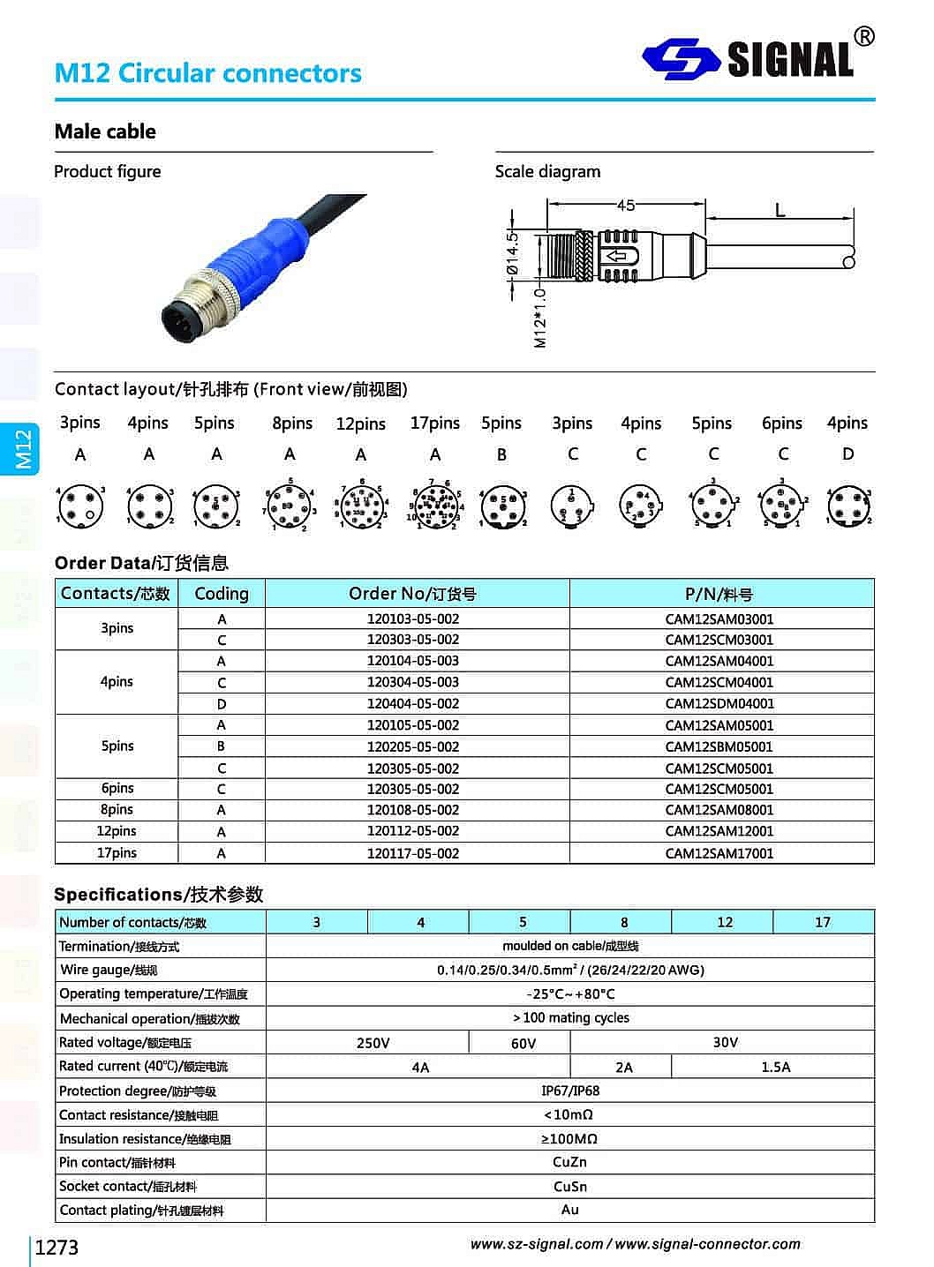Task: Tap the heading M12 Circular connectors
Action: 207,72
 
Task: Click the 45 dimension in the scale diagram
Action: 625,205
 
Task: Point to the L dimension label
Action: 780,210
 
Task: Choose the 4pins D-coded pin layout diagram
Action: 848,506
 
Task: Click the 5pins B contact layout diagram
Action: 502,506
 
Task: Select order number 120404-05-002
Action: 413,704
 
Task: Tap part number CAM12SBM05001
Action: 719,746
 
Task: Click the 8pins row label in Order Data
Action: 117,810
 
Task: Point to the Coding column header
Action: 222,594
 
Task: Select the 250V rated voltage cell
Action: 373,1043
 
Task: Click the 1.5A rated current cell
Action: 775,1067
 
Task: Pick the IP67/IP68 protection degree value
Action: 569,1091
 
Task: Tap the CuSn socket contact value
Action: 569,1187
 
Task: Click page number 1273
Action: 56,1248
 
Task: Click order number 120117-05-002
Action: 413,853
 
